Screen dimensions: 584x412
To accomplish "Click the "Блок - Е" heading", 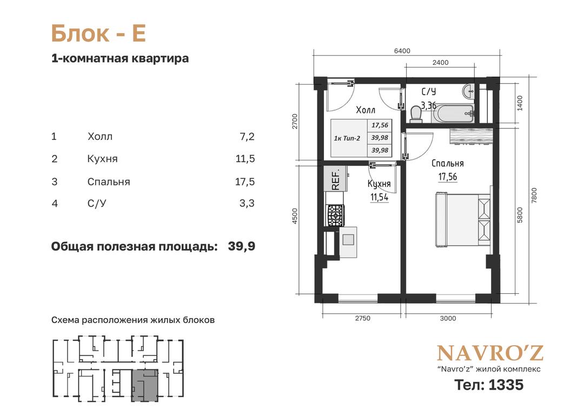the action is [98, 33].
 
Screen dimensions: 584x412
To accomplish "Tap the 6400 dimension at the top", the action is [402, 51].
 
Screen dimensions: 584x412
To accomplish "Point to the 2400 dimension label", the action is [440, 63].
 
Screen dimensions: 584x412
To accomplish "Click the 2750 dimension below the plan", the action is [362, 318].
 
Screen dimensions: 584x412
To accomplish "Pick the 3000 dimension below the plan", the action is [448, 318].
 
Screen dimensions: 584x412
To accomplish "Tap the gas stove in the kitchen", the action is [336, 215].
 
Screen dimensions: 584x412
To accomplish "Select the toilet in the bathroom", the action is [415, 114].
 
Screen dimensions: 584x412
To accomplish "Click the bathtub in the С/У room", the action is [453, 113].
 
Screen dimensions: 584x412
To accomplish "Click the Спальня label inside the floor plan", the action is [447, 163].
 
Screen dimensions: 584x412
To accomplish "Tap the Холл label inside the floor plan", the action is [366, 110].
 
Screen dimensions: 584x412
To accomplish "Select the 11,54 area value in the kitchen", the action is [379, 197].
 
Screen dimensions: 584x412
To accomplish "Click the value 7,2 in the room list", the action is [247, 137].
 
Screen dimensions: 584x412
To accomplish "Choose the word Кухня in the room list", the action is [102, 159].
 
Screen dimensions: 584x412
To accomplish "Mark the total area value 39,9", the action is [241, 246].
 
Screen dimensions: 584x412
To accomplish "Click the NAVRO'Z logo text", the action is [490, 353].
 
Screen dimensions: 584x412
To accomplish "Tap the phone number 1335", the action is [506, 385].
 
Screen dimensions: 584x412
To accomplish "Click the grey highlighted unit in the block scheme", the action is [145, 386].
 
